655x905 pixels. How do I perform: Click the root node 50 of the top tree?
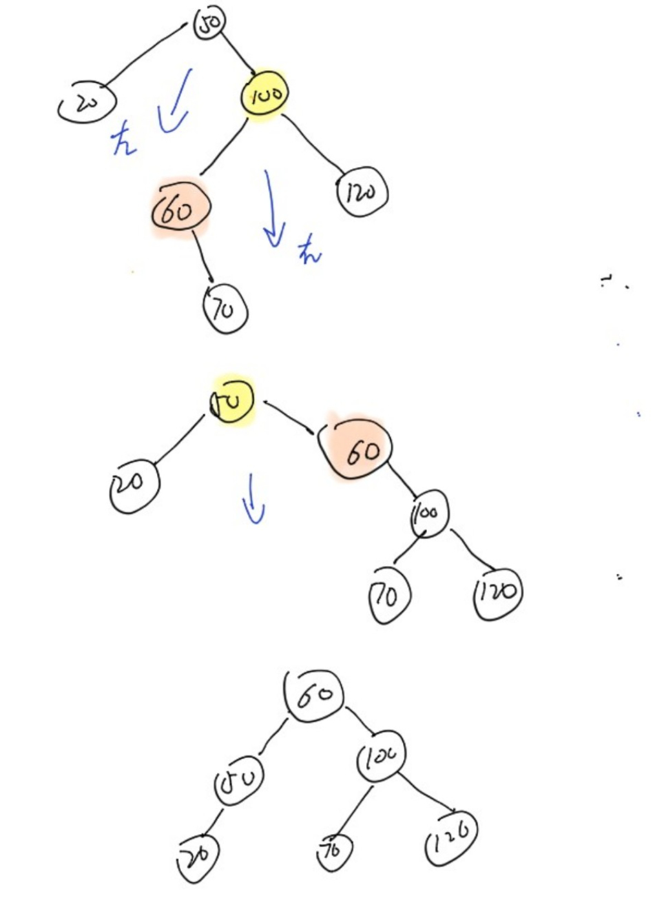coord(209,24)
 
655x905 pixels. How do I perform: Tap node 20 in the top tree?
coord(87,103)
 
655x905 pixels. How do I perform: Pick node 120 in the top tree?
coord(362,192)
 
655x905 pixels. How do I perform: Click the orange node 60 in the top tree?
coord(179,209)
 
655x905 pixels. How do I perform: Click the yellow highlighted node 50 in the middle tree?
coord(231,401)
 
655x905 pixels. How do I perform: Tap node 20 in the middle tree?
coord(134,485)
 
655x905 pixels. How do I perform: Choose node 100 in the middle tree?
coord(428,515)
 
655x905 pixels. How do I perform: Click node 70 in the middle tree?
coord(389,595)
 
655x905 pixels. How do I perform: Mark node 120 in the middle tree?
coord(497,592)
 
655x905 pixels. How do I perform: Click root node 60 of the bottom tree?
coord(314,696)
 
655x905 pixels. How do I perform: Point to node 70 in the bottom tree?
coord(334,850)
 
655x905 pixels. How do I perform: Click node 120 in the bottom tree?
coord(452,837)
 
